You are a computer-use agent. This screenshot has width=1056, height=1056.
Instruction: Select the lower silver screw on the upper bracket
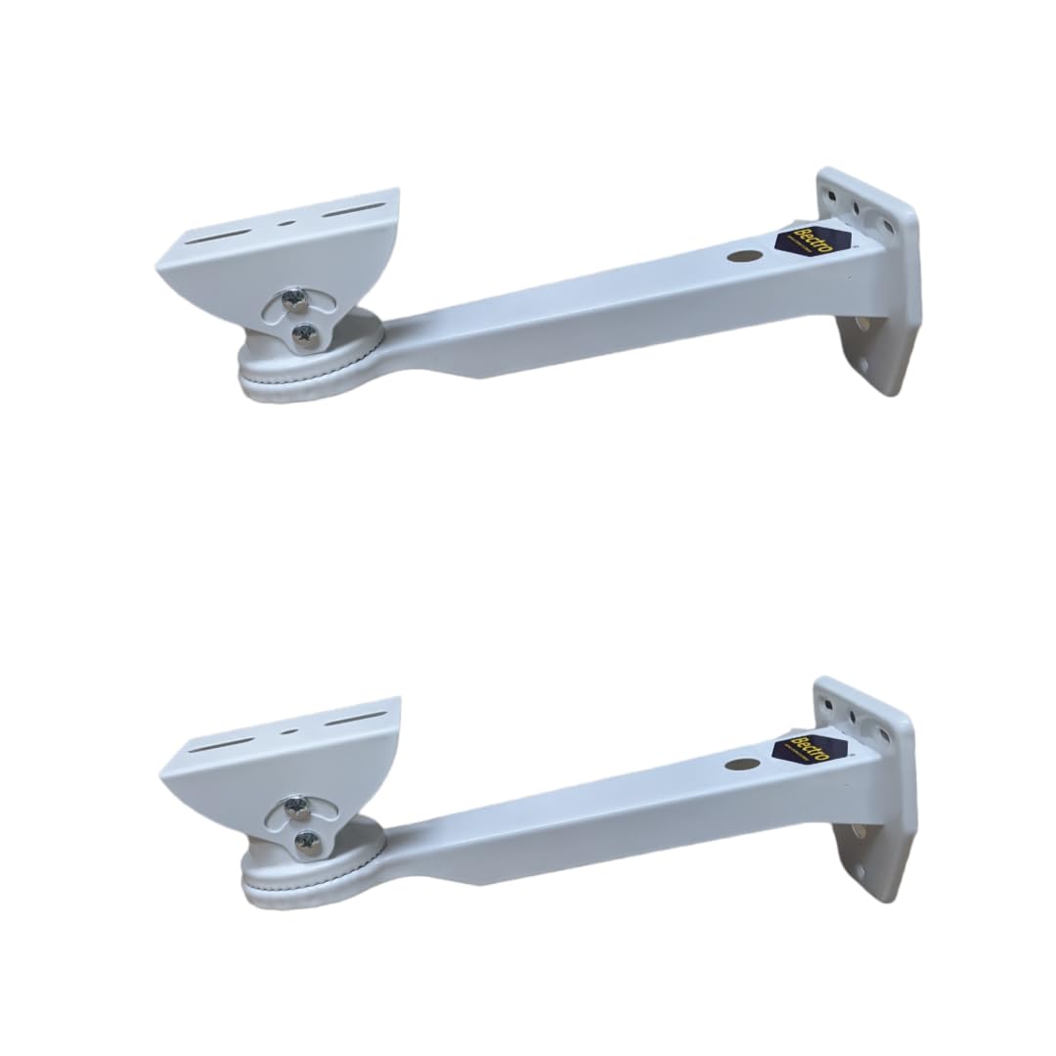(304, 334)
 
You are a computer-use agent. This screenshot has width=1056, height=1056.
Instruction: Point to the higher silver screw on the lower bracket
(296, 808)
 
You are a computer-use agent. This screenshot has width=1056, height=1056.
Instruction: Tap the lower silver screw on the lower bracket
(308, 841)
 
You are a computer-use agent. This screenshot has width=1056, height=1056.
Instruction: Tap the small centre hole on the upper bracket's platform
(285, 223)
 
